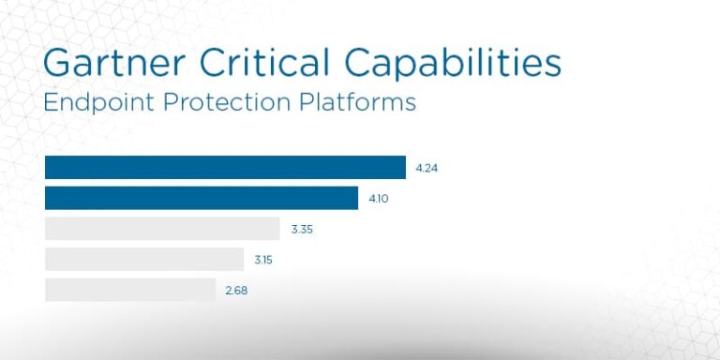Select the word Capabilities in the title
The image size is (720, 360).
(453, 63)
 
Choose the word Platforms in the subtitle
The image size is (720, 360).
(363, 102)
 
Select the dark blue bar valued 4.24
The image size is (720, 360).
(225, 168)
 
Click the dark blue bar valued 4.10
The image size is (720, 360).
(202, 198)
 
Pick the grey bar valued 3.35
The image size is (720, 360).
(162, 229)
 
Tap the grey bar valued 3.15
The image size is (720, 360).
(144, 259)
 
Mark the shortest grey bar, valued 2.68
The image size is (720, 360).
(130, 290)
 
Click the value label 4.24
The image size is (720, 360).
(427, 169)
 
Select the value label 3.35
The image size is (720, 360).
(302, 230)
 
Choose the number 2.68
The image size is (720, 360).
(236, 291)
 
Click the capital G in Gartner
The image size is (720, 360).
(59, 63)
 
